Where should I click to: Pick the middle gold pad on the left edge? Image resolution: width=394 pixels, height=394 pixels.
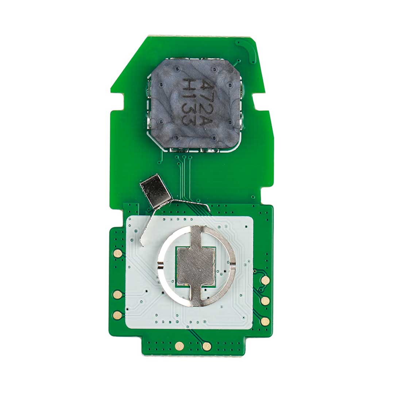117,294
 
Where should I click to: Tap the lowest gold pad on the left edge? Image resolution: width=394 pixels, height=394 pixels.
117,315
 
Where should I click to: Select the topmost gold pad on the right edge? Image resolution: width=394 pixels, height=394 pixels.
266,280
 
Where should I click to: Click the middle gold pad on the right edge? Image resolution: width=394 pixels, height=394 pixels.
265,301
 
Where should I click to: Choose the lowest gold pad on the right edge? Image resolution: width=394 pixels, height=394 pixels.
265,321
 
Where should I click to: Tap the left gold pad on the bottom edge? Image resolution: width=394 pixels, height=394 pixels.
179,346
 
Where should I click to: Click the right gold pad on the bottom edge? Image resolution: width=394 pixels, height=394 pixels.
207,346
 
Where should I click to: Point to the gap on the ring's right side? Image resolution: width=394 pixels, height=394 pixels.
233,264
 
